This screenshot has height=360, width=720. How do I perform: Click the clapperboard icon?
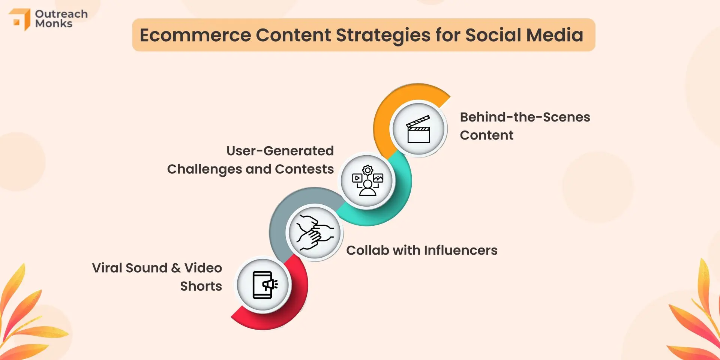pos(418,129)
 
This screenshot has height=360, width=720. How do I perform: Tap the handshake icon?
pos(315,232)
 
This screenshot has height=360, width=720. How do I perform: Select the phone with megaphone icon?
pos(265,285)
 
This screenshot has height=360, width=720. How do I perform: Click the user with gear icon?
pos(367,180)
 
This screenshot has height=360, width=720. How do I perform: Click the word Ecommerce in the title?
pos(195,35)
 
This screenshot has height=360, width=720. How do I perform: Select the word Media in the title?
pos(555,35)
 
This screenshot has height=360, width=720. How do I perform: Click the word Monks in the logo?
pos(54,24)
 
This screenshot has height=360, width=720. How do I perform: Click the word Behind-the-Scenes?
pos(525,117)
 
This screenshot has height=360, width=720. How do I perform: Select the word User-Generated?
pos(280,151)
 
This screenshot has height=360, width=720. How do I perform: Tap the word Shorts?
pos(201,286)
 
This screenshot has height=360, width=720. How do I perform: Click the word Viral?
pos(107,268)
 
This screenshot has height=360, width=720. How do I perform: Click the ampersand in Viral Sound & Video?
pos(176,268)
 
